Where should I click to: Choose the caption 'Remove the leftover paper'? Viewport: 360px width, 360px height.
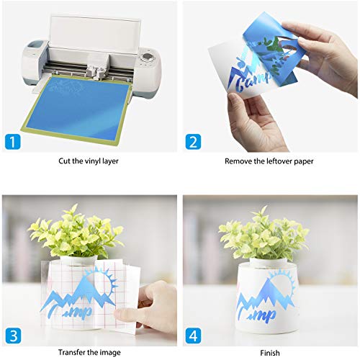270,161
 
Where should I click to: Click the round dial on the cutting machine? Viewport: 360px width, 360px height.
148,58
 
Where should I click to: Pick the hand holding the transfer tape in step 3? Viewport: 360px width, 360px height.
155,302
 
